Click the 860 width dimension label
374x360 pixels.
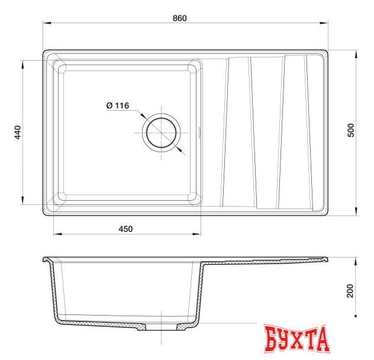pyautogui.click(x=180, y=18)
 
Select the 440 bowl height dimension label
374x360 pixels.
pyautogui.click(x=18, y=132)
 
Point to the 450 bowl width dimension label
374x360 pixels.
pyautogui.click(x=126, y=228)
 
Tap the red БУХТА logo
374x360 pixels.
pyautogui.click(x=296, y=340)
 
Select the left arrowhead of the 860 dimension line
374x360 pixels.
pyautogui.click(x=47, y=24)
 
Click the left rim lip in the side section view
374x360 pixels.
pyautogui.click(x=47, y=260)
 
